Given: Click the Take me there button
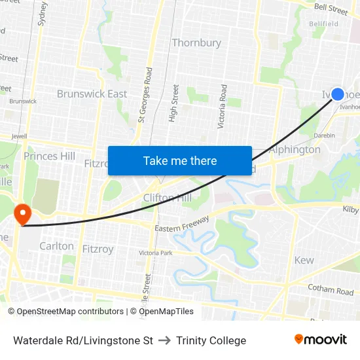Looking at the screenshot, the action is pyautogui.click(x=180, y=161).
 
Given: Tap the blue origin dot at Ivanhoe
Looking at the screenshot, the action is pyautogui.click(x=338, y=94).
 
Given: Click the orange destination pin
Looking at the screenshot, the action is pyautogui.click(x=22, y=214).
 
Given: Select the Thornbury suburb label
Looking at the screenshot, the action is pyautogui.click(x=196, y=43).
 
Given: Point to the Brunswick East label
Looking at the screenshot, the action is pyautogui.click(x=92, y=94).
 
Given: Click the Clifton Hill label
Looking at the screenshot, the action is pyautogui.click(x=168, y=198).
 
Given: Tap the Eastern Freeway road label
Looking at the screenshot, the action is pyautogui.click(x=181, y=224).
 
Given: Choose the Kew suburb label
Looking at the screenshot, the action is pyautogui.click(x=304, y=260).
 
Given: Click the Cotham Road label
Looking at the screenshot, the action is pyautogui.click(x=331, y=290).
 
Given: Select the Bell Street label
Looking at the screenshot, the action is pyautogui.click(x=331, y=9).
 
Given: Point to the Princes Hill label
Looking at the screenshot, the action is pyautogui.click(x=49, y=156).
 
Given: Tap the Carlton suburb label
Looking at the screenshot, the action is pyautogui.click(x=56, y=246).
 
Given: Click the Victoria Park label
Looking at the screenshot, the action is pyautogui.click(x=155, y=253).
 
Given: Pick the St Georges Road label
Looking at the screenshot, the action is pyautogui.click(x=144, y=96).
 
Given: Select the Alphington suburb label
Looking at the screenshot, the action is pyautogui.click(x=295, y=149).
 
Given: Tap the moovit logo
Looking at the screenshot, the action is pyautogui.click(x=320, y=339).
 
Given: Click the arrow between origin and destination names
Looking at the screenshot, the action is pyautogui.click(x=164, y=340).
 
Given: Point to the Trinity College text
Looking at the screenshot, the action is pyautogui.click(x=211, y=340).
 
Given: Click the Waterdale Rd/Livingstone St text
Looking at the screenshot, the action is pyautogui.click(x=83, y=340).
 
